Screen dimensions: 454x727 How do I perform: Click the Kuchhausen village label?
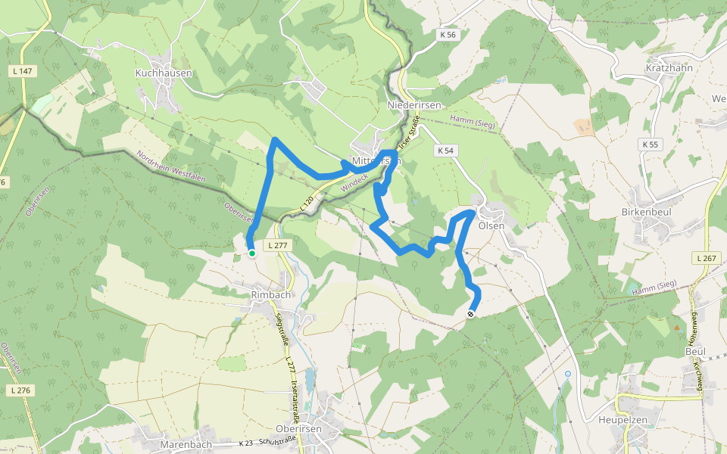164,73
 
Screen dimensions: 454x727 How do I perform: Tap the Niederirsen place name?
413,105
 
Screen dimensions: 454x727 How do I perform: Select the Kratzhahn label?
669,67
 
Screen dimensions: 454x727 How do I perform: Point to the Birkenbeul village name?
648,212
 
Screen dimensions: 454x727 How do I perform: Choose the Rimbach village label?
270,294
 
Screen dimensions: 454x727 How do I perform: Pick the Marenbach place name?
186,444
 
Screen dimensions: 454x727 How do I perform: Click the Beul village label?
695,352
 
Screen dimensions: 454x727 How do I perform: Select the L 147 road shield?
23,71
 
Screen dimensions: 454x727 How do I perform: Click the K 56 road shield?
448,35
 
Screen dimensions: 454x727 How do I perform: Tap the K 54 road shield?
445,151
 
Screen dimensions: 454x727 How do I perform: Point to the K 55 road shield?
650,144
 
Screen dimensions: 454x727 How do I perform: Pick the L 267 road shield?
705,258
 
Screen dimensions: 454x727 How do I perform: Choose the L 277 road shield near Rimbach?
277,245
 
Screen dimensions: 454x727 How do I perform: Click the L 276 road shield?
21,390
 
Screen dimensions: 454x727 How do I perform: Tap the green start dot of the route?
251,253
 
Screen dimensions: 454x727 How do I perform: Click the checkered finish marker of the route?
471,313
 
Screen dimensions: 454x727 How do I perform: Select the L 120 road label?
307,204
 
